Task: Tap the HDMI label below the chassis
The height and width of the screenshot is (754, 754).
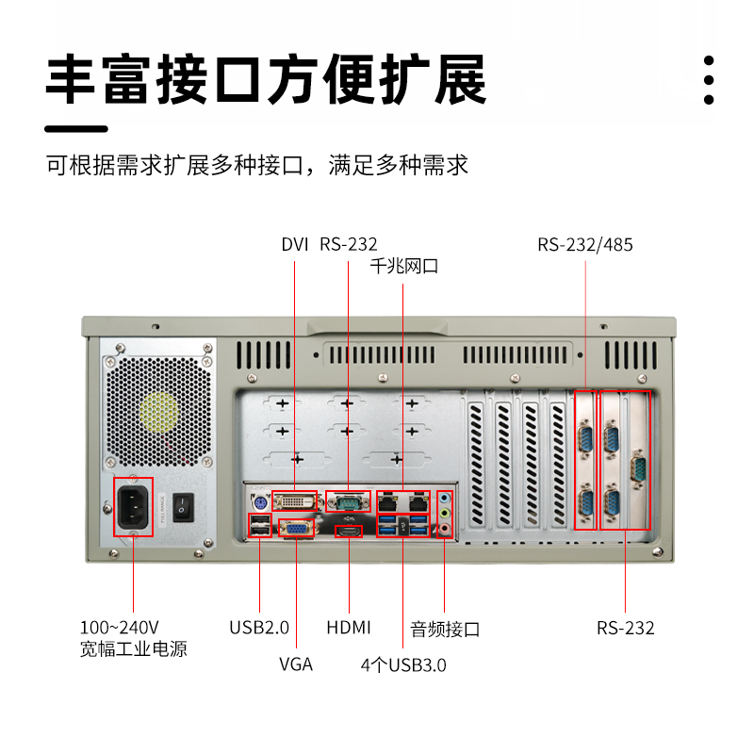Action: coord(349,628)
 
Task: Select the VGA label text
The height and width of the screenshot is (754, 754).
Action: coord(296,664)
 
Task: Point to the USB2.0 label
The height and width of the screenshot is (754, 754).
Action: coord(259,628)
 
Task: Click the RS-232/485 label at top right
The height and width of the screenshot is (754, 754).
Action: coord(585,245)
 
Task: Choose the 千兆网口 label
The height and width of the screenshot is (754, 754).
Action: coord(404,267)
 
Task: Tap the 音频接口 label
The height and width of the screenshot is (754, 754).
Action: coord(445,629)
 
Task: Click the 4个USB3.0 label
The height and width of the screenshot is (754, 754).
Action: coord(403,664)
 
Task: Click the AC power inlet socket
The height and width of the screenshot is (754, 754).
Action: coord(133,507)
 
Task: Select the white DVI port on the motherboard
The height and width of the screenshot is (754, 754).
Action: coord(296,500)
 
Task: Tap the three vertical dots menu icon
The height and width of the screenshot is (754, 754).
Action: coord(709,79)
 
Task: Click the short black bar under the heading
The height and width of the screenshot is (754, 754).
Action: coord(77,129)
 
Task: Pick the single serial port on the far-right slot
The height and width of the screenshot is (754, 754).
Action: coord(637,470)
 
